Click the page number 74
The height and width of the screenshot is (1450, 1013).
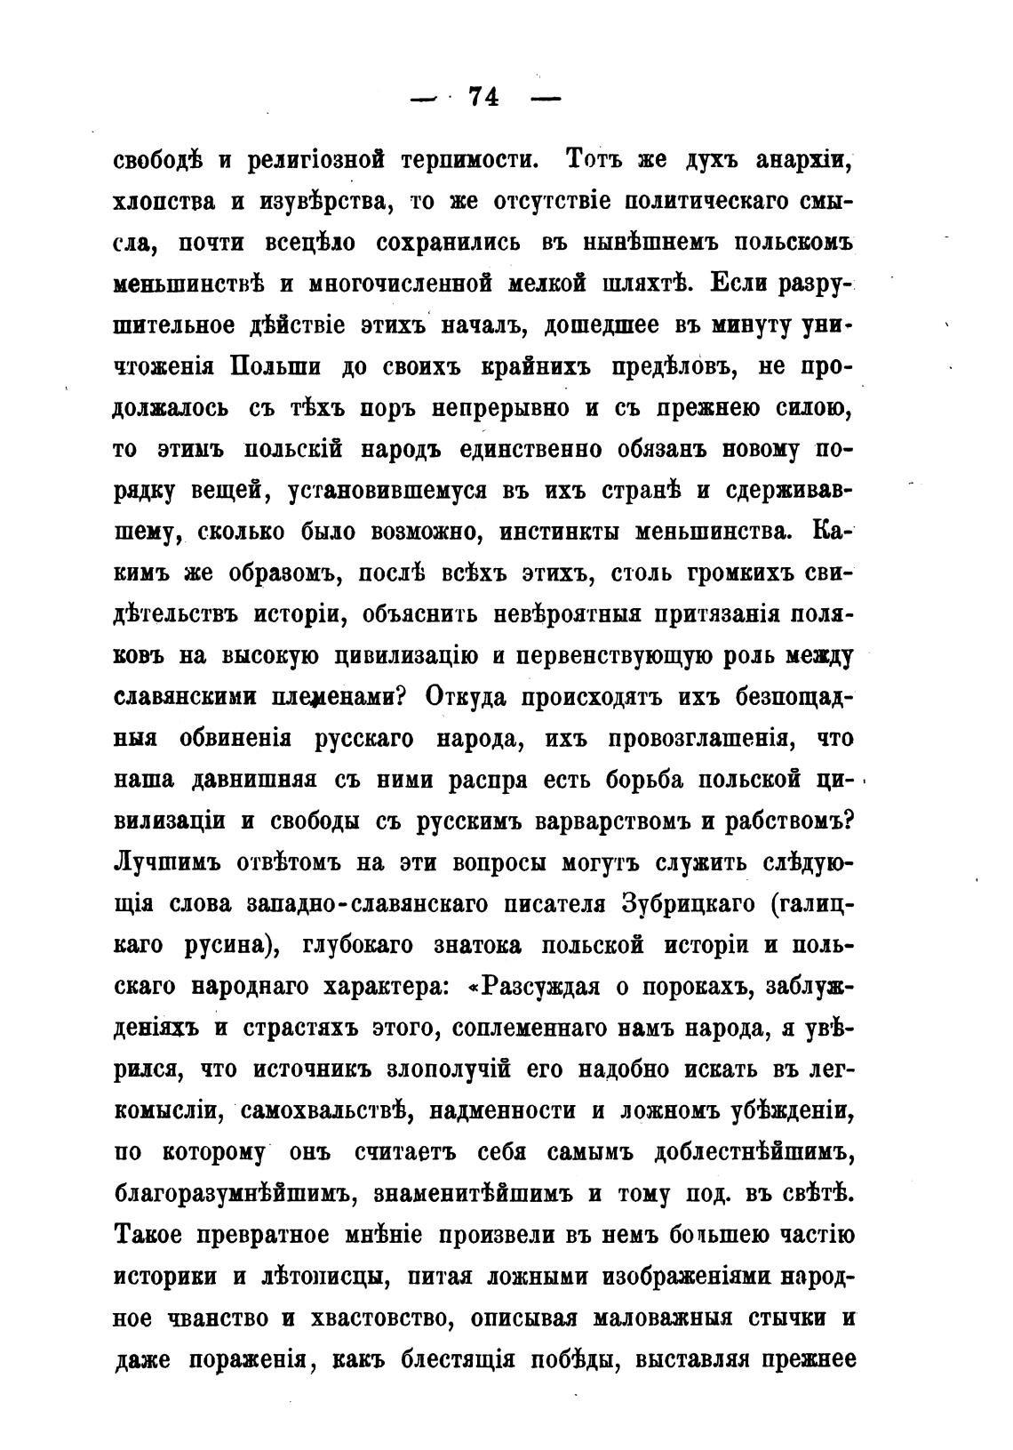point(483,97)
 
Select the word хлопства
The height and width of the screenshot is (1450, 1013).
point(164,203)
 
